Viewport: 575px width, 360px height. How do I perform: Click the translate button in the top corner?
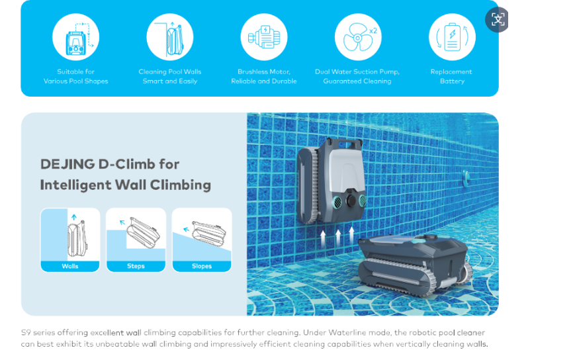497,19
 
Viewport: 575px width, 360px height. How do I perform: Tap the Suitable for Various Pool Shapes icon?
76,37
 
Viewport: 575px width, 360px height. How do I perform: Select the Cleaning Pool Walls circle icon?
170,37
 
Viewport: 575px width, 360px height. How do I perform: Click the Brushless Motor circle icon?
264,37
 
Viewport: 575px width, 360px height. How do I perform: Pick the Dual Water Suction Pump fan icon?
358,37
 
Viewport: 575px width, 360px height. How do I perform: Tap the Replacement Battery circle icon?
452,37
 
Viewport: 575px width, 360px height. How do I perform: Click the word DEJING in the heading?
67,164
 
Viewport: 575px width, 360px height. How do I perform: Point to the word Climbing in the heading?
181,185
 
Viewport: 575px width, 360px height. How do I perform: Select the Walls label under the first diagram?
70,266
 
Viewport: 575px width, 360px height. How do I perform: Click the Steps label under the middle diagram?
136,266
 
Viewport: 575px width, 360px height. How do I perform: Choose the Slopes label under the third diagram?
202,266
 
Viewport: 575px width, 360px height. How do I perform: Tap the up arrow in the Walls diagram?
74,217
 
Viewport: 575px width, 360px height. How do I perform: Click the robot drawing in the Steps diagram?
144,232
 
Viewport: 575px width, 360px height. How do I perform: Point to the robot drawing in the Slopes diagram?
209,233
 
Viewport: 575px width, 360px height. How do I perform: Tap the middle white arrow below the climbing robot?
338,238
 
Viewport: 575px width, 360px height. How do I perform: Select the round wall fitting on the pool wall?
466,179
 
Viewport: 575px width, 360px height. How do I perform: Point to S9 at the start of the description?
26,332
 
